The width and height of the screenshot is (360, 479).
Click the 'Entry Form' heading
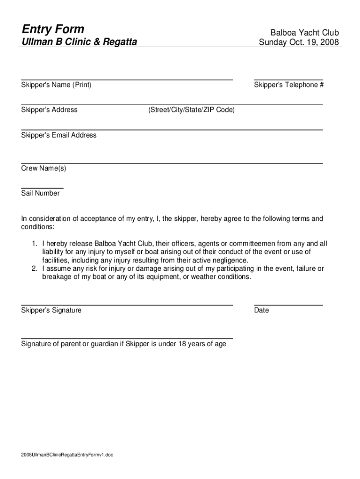pos(53,29)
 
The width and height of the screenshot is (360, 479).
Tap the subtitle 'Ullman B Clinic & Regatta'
pos(79,42)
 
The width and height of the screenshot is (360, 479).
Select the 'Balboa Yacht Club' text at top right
pos(304,33)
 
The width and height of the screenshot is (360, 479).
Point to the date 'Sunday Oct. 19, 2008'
pos(299,43)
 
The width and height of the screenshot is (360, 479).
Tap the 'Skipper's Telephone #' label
pos(289,85)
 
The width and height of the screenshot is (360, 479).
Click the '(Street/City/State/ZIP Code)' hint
pos(191,110)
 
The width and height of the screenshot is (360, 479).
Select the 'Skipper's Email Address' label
pos(59,135)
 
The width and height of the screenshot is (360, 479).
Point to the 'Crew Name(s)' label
pos(43,168)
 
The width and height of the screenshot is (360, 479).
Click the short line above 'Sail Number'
pos(42,188)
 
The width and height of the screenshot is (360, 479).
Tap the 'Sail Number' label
pos(40,193)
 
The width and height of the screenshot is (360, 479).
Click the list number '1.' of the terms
pos(35,244)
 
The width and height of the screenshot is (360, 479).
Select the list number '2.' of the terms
pos(35,269)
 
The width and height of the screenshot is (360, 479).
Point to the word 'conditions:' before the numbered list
pos(38,227)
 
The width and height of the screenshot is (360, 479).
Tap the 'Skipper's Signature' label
pos(51,310)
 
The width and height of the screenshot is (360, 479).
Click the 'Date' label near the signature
pos(261,310)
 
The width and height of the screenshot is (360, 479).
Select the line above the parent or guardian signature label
pos(127,338)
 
